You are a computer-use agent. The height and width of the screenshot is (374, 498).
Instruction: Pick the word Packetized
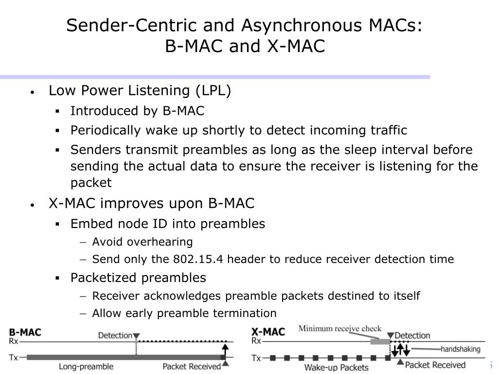104,278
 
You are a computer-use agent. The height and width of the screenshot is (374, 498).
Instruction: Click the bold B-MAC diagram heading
25,333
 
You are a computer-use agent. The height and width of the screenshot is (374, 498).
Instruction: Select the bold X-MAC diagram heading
267,332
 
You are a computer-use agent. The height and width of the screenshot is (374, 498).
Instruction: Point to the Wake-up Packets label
336,367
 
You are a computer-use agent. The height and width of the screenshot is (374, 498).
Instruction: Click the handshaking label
460,349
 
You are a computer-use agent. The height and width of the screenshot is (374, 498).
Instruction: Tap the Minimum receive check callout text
340,328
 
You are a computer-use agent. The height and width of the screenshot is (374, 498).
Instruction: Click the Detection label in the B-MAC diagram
115,336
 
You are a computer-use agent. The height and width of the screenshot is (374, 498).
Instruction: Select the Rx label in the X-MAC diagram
256,341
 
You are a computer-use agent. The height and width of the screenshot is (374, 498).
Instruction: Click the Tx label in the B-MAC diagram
14,357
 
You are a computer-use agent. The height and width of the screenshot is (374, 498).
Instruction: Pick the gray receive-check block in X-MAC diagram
380,342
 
